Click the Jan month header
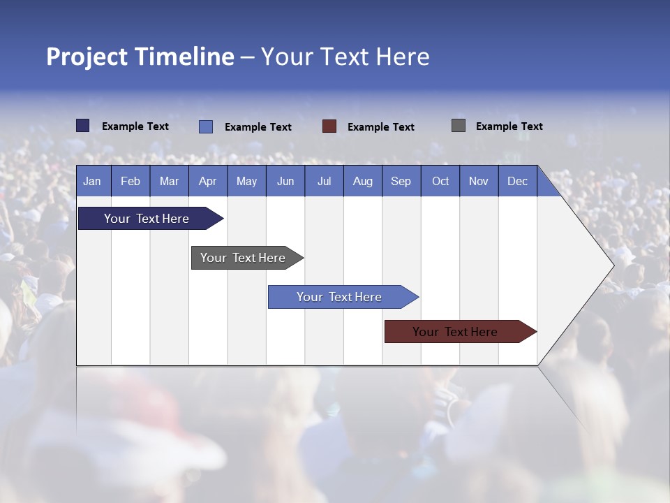[93, 181]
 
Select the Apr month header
[208, 181]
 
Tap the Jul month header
[325, 181]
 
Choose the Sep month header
[401, 181]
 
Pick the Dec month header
[518, 181]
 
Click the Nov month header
[479, 181]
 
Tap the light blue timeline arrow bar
[340, 297]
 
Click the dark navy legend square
[82, 126]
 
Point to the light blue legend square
[205, 126]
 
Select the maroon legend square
[329, 126]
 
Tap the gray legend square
[459, 126]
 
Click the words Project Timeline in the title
[140, 57]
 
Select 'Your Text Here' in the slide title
[345, 57]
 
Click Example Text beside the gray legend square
[509, 126]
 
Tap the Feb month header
[131, 181]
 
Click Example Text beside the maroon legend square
[381, 127]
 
